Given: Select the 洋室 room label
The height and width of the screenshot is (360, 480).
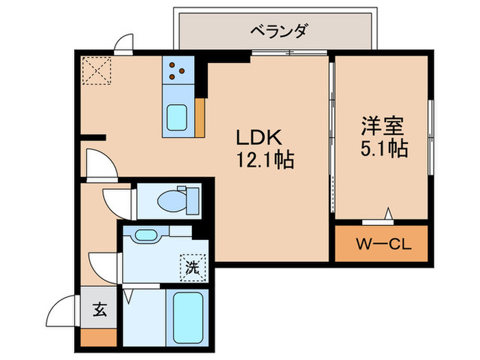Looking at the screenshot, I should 382,125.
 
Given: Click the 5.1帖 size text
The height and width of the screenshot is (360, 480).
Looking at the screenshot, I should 382,148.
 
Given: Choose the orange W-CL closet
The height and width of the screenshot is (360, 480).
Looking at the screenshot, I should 382,244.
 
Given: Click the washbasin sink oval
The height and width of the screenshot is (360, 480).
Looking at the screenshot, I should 145,235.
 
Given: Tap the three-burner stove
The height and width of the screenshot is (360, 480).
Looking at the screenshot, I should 178,69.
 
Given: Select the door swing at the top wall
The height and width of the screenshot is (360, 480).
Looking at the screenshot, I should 125,45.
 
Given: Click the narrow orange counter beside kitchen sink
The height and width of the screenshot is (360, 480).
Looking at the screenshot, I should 200,118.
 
